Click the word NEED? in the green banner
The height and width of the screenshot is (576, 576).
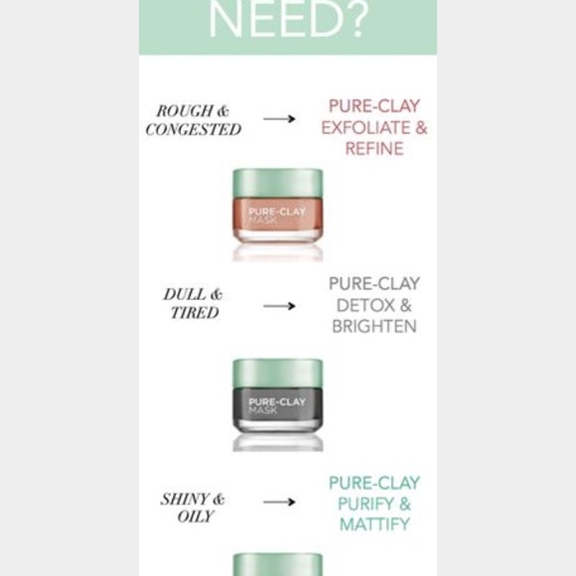[288, 18]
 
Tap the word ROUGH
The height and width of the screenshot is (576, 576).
[185, 111]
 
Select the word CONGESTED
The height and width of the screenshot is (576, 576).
[194, 129]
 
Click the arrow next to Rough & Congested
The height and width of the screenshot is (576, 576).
[279, 118]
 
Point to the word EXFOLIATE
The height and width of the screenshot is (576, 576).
[364, 128]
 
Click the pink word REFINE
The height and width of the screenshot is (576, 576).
[374, 149]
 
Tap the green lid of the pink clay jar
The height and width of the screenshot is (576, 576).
[278, 185]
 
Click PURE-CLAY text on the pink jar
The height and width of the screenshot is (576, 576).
[277, 212]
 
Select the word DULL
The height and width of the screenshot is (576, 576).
[185, 294]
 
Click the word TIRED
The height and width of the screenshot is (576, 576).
[195, 313]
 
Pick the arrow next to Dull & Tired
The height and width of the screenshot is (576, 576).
[279, 306]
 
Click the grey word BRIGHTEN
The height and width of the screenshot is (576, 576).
[374, 326]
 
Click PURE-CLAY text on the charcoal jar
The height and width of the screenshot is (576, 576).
[277, 402]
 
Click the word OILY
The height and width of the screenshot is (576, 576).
[195, 516]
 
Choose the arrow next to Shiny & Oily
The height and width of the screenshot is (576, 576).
[279, 502]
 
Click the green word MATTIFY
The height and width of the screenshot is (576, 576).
[374, 524]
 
